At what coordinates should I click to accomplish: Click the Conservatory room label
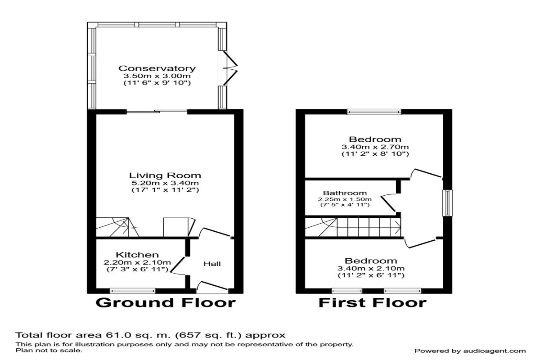tap(157, 68)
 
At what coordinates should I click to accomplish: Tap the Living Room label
tap(165, 175)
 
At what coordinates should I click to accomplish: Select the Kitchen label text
tap(137, 255)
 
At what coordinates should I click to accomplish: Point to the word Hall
tap(212, 264)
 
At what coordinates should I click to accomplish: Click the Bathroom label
tap(345, 193)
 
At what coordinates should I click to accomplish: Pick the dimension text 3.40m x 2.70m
tap(375, 147)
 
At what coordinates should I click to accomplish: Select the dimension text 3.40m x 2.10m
tap(371, 268)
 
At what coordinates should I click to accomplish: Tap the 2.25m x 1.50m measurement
tap(345, 199)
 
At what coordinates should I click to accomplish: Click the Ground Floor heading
tap(166, 302)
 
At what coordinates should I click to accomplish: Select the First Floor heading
tap(373, 302)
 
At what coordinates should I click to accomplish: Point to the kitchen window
tap(133, 291)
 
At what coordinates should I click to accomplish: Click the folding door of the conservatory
tap(230, 68)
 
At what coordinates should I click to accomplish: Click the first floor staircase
tap(353, 227)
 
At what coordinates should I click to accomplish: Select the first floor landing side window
tap(447, 203)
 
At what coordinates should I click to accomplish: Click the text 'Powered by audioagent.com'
tap(470, 351)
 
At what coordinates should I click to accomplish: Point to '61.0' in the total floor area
tap(115, 335)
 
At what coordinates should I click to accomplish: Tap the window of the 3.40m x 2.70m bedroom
tap(374, 112)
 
